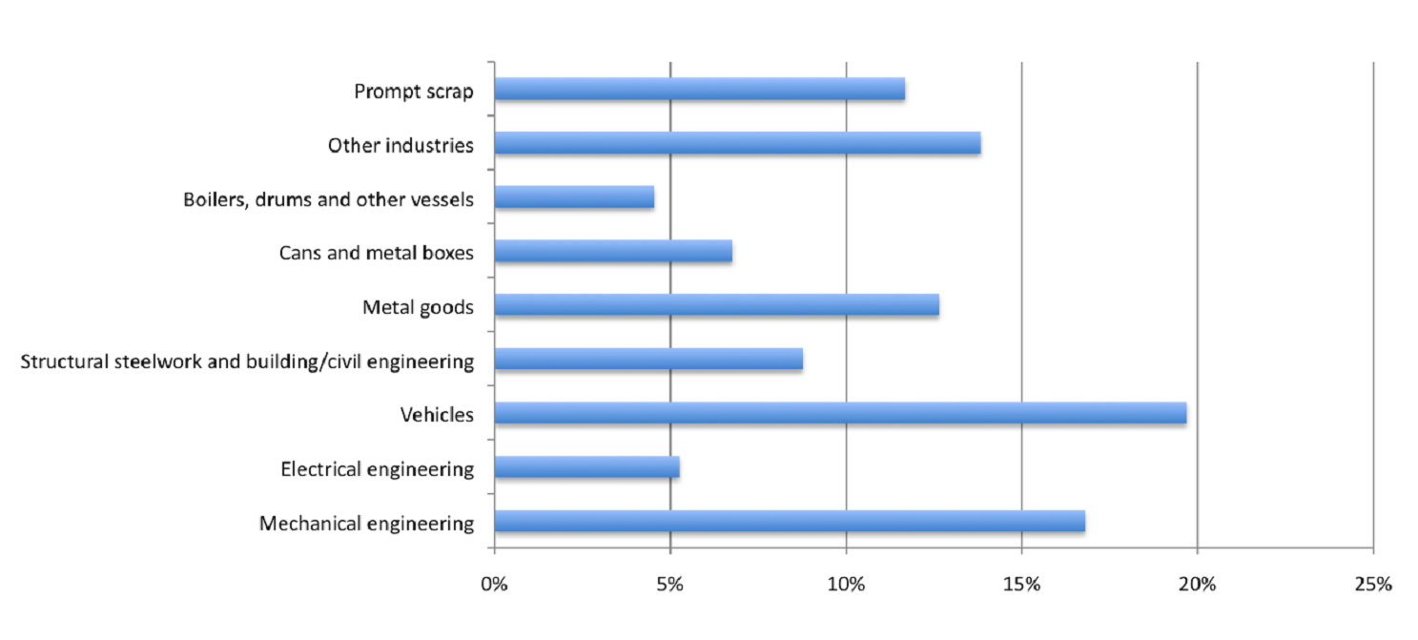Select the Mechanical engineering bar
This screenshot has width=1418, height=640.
pyautogui.click(x=790, y=522)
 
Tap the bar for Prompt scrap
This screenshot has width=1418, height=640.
pyautogui.click(x=699, y=90)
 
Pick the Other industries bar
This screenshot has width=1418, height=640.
pyautogui.click(x=737, y=144)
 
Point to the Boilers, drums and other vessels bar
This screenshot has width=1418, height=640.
pyautogui.click(x=574, y=197)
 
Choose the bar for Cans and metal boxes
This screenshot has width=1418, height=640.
pyautogui.click(x=613, y=252)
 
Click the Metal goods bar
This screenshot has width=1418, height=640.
pyautogui.click(x=716, y=305)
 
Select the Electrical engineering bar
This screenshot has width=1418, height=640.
pyautogui.click(x=586, y=467)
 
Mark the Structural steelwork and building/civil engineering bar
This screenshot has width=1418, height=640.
pyautogui.click(x=648, y=360)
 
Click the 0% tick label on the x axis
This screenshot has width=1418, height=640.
pyautogui.click(x=494, y=584)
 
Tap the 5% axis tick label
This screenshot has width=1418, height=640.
pyautogui.click(x=670, y=584)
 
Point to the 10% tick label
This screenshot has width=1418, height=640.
pyautogui.click(x=846, y=584)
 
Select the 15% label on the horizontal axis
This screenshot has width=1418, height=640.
pyautogui.click(x=1021, y=584)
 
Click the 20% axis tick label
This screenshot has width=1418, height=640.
pyautogui.click(x=1197, y=584)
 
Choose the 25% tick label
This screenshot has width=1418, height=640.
pyautogui.click(x=1372, y=584)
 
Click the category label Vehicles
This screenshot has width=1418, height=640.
pyautogui.click(x=437, y=415)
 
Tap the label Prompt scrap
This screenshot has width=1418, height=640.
pyautogui.click(x=414, y=92)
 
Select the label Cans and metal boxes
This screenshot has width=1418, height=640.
pyautogui.click(x=376, y=254)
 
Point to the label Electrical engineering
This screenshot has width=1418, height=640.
pyautogui.click(x=377, y=469)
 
